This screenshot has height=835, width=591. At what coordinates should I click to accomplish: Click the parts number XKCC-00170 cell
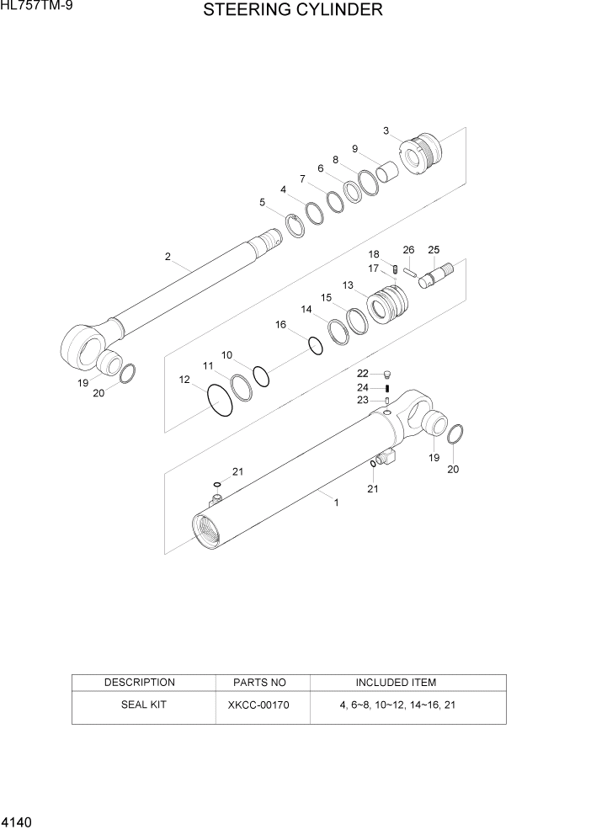[258, 705]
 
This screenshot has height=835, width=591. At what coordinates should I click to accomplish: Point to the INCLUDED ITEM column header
[396, 683]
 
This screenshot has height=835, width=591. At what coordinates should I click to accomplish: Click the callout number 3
[386, 130]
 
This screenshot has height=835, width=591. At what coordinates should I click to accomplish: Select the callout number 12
[184, 380]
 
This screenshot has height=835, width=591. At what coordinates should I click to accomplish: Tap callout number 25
[434, 250]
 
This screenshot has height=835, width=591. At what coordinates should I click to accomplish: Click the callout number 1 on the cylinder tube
[337, 503]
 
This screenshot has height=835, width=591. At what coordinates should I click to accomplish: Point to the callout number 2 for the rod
[168, 256]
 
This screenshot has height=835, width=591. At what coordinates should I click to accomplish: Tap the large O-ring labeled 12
[220, 401]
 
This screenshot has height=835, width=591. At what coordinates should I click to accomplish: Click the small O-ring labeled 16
[316, 345]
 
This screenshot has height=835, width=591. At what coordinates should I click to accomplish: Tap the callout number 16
[281, 324]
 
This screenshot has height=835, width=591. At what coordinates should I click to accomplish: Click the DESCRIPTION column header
[139, 683]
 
